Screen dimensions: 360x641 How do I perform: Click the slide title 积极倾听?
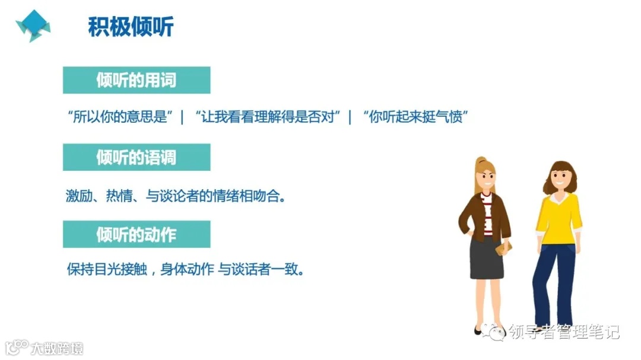point(131,27)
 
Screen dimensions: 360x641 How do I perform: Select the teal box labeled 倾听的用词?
point(137,80)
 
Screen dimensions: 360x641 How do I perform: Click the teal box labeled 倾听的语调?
point(137,157)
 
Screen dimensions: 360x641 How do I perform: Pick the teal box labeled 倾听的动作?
point(137,234)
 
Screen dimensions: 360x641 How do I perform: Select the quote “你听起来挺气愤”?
point(415,117)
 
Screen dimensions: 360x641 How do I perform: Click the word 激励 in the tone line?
point(78,196)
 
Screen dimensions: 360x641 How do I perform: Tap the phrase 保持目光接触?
point(104,270)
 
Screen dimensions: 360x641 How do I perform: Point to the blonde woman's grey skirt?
point(487,258)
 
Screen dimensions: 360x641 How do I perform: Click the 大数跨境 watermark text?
point(58,348)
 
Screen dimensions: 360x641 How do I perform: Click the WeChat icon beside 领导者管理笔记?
point(494,332)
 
